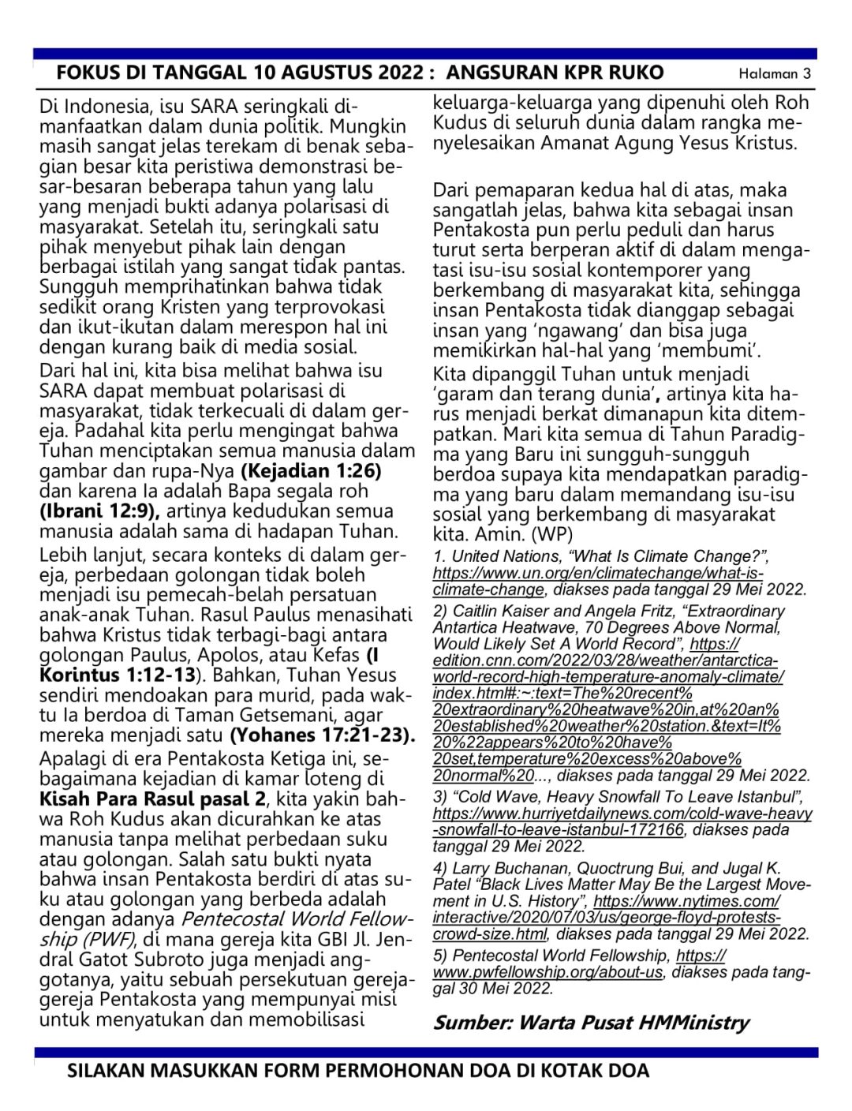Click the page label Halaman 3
[x=774, y=74]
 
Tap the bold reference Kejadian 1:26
[x=311, y=471]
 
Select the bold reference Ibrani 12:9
[x=99, y=511]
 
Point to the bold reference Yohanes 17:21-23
[x=322, y=735]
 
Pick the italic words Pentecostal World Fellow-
[x=297, y=919]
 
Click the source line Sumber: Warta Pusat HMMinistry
[x=591, y=1023]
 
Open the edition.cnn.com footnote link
[x=607, y=677]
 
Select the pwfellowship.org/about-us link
[x=547, y=972]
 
